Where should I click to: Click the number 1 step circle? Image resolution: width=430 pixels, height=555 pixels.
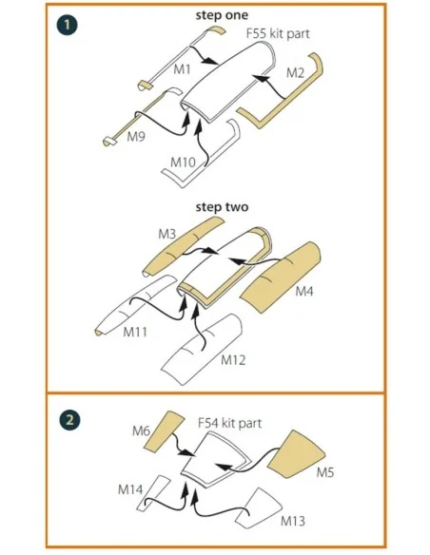[67, 25]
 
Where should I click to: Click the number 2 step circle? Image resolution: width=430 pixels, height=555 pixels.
[69, 420]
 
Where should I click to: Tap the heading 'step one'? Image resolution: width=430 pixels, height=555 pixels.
[222, 15]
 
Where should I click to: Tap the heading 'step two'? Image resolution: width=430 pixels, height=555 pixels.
[222, 207]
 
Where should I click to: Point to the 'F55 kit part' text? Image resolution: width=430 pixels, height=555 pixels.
[278, 33]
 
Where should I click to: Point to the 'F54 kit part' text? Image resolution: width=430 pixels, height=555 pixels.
[229, 423]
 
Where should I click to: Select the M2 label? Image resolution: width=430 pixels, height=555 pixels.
[295, 73]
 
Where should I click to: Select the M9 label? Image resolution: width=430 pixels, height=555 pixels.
[136, 136]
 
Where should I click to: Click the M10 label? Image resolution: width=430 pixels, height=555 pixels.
[183, 163]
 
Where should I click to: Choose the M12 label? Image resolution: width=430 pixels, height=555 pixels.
[233, 360]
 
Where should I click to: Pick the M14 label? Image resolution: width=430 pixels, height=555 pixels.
[130, 489]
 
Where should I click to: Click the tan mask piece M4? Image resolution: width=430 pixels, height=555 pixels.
[280, 277]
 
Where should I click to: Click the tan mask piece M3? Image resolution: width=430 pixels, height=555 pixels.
[183, 246]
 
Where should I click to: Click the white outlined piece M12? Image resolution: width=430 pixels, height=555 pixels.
[201, 350]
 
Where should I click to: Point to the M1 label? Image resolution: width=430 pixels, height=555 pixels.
[182, 69]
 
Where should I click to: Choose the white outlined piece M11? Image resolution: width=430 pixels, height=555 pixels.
[136, 305]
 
